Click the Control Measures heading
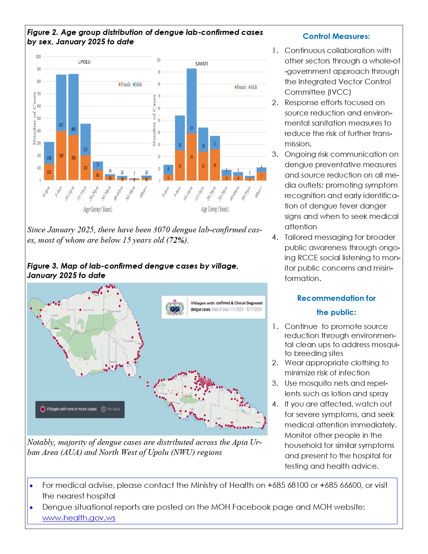(336, 36)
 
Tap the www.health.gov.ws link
(79, 518)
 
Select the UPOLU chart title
(84, 62)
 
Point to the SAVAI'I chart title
(201, 64)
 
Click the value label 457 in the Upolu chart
(61, 125)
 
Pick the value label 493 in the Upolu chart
(73, 129)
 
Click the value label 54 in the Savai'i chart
(192, 128)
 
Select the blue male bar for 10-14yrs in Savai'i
(192, 101)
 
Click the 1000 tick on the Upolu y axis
(39, 57)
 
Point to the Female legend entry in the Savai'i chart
(240, 87)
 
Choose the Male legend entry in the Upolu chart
(138, 84)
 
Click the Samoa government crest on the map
(175, 307)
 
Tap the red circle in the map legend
(43, 409)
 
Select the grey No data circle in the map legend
(104, 409)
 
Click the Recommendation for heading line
(336, 298)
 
